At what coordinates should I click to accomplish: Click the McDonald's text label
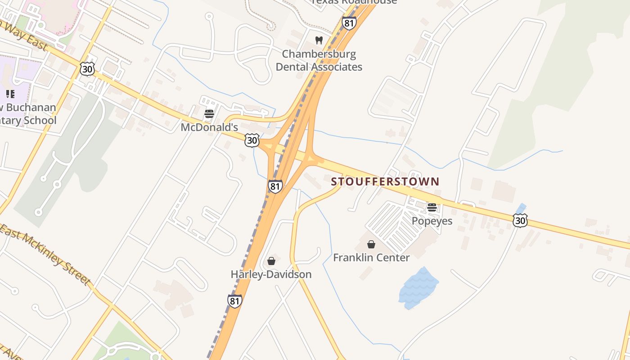click(x=209, y=127)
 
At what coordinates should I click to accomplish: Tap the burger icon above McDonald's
click(x=209, y=113)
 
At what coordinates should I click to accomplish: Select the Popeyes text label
click(x=432, y=221)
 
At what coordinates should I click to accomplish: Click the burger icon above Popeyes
click(x=432, y=207)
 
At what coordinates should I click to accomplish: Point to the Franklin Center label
click(x=371, y=258)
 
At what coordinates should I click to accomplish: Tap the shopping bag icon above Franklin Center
click(x=371, y=244)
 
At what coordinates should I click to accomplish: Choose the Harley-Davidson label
click(x=271, y=274)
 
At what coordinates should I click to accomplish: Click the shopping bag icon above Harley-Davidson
click(x=271, y=261)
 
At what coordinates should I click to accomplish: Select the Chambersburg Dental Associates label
click(x=319, y=60)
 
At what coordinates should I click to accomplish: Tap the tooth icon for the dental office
click(x=319, y=40)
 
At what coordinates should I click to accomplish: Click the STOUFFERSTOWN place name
click(x=385, y=182)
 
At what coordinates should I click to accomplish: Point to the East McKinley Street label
click(x=45, y=254)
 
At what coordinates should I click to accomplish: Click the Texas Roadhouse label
click(x=355, y=2)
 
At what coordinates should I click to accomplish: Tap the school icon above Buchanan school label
click(x=10, y=94)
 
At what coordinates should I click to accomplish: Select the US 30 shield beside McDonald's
click(x=252, y=140)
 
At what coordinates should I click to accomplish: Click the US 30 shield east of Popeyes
click(x=520, y=220)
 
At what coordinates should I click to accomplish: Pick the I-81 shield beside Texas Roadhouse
click(x=349, y=23)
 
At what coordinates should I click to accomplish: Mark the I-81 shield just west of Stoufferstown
click(x=275, y=186)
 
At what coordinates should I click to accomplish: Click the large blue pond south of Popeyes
click(x=418, y=287)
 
